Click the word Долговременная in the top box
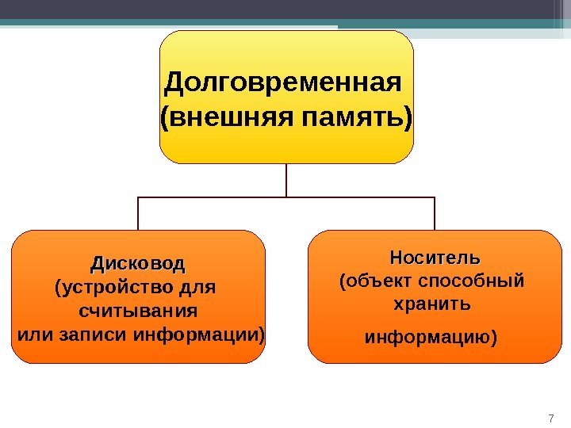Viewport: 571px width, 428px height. click(280, 82)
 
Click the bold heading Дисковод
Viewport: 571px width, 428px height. click(137, 262)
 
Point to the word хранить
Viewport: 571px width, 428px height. click(432, 304)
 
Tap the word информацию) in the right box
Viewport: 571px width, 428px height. click(431, 338)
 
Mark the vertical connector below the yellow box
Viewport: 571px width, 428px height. click(285, 180)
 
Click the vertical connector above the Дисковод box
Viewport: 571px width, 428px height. click(139, 213)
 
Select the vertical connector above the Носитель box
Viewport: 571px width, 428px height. click(435, 213)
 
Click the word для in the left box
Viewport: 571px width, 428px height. click(197, 285)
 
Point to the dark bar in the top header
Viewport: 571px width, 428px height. click(285, 9)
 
